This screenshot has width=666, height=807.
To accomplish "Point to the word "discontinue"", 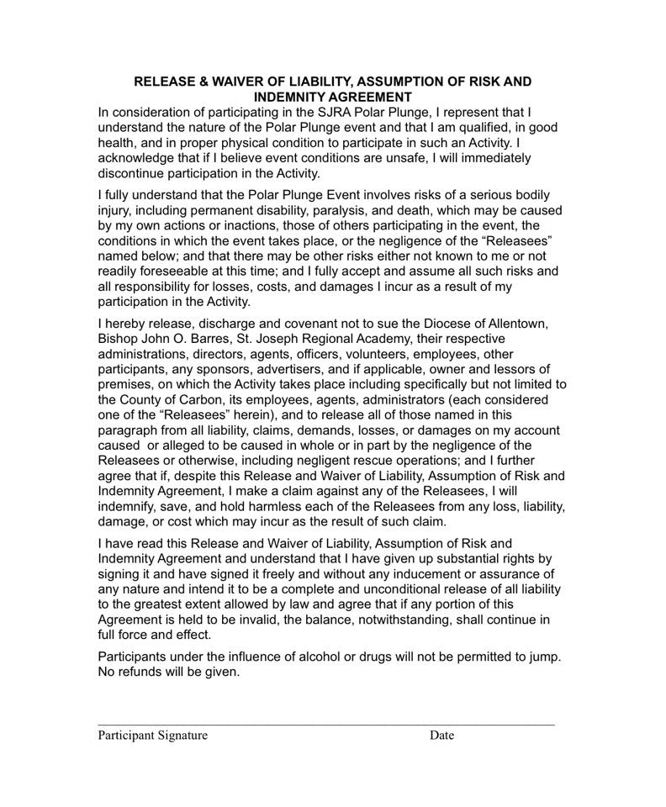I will [135, 173].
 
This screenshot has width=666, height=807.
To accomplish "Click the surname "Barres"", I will [218, 339].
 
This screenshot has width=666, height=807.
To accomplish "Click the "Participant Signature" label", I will [152, 735].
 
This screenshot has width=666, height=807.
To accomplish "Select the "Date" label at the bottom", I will [441, 735].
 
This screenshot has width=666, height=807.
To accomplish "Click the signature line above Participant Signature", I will [326, 724].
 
